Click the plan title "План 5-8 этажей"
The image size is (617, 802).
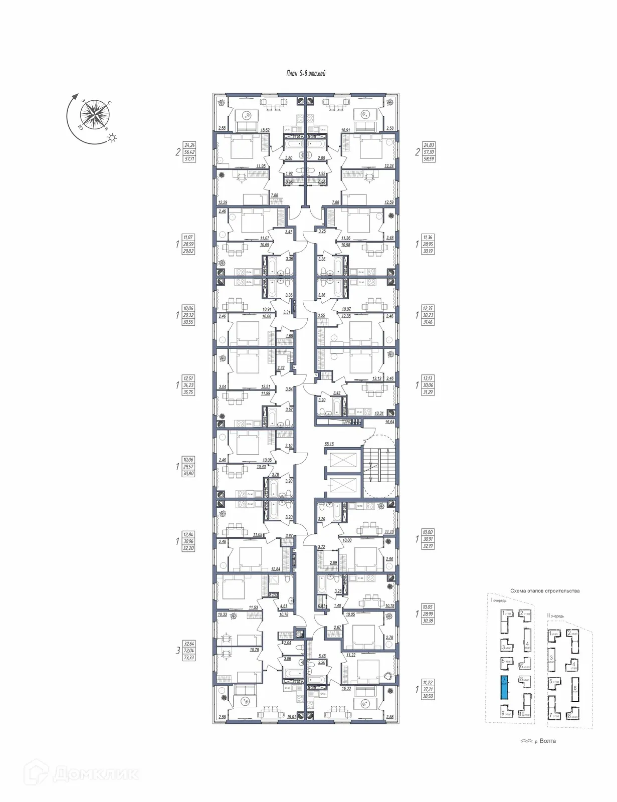(x=306, y=74)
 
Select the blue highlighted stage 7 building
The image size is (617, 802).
(x=505, y=687)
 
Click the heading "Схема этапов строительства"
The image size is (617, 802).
(x=545, y=590)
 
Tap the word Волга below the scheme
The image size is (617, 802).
(x=547, y=741)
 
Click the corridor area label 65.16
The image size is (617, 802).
(x=329, y=444)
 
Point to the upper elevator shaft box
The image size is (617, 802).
(x=342, y=459)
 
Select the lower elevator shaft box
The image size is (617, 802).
(x=342, y=486)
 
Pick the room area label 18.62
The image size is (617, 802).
(x=265, y=129)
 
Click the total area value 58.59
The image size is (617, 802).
(x=428, y=159)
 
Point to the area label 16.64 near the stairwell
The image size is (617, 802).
(x=389, y=422)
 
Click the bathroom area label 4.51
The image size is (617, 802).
(x=283, y=606)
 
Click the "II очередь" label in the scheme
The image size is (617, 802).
(x=555, y=616)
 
